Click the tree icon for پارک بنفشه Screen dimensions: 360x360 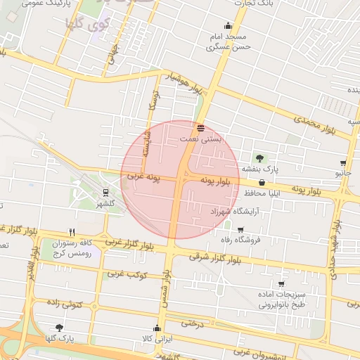pyautogui.click(x=261, y=157)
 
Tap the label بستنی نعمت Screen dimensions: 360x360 pyautogui.click(x=200, y=139)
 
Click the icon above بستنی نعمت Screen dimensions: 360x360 pyautogui.click(x=201, y=128)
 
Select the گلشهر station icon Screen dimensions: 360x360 pyautogui.click(x=105, y=192)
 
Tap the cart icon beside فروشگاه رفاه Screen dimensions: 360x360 pyautogui.click(x=240, y=229)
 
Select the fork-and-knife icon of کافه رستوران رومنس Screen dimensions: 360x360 pyautogui.click(x=72, y=231)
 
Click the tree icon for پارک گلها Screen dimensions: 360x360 pyautogui.click(x=59, y=328)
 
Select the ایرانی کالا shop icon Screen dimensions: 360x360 pyautogui.click(x=157, y=328)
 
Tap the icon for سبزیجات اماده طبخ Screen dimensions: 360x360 pyautogui.click(x=281, y=285)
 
